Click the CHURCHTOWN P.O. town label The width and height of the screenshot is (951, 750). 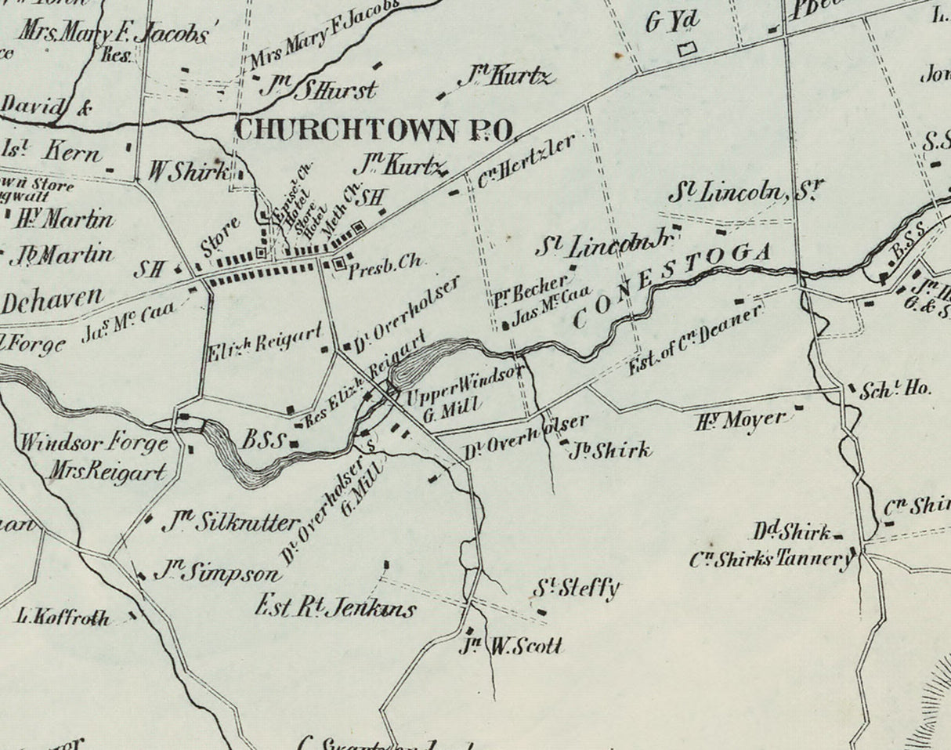(x=374, y=129)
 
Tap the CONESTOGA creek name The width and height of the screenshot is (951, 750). (x=673, y=284)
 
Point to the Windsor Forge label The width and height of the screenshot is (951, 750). (x=94, y=444)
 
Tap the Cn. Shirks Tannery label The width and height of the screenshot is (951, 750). (x=771, y=560)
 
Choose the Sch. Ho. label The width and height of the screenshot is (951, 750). (x=896, y=389)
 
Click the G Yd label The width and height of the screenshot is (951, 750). (x=672, y=22)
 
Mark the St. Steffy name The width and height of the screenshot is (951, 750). (x=577, y=589)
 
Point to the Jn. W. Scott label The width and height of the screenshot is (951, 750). (x=513, y=646)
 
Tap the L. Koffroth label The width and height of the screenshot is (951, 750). (x=63, y=618)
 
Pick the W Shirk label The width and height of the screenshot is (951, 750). (x=189, y=172)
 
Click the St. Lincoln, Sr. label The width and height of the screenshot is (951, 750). (x=746, y=192)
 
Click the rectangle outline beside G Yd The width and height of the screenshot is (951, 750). (x=687, y=49)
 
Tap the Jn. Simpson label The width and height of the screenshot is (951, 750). (x=215, y=574)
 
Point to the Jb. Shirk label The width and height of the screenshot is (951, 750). (x=610, y=451)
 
